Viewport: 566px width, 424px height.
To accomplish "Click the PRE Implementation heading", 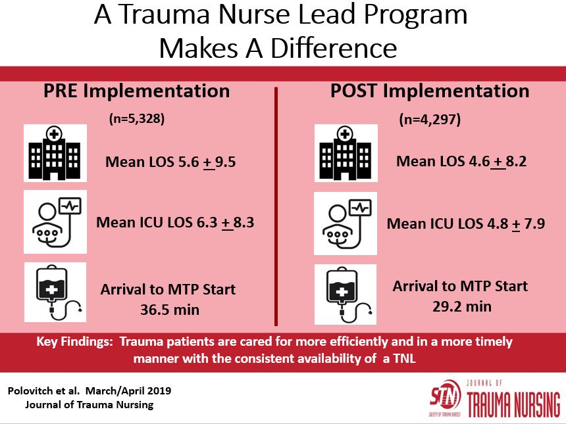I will pyautogui.click(x=137, y=91).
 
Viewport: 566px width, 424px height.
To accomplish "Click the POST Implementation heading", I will pyautogui.click(x=429, y=91).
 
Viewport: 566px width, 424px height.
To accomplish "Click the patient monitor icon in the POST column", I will pyautogui.click(x=345, y=224).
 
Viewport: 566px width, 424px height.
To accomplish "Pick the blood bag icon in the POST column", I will pyautogui.click(x=345, y=294).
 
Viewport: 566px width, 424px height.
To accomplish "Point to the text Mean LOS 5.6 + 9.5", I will pyautogui.click(x=170, y=161).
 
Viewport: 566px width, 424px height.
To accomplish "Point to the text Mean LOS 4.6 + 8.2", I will pyautogui.click(x=461, y=162).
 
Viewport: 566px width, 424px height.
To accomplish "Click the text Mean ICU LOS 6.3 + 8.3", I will pyautogui.click(x=175, y=222).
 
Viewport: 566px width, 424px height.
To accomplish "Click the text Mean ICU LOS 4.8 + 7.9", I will pyautogui.click(x=466, y=224).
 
